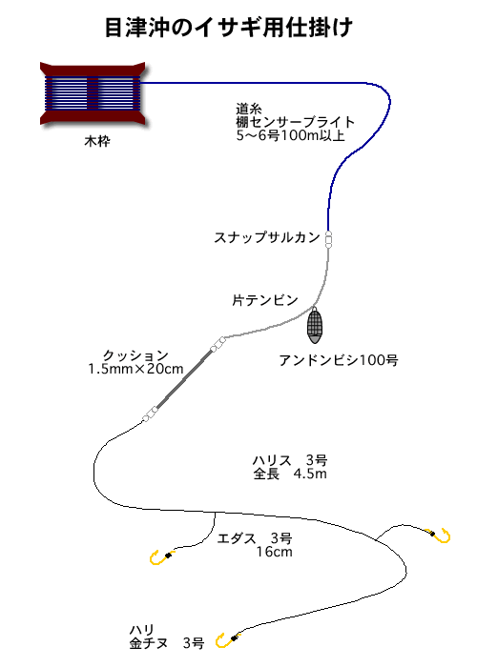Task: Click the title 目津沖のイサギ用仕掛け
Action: click(229, 28)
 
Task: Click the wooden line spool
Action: click(93, 93)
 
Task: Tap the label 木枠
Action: click(97, 141)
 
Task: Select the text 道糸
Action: click(249, 109)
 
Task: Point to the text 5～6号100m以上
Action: click(290, 135)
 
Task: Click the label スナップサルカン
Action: click(267, 237)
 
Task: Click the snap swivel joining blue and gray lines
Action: click(328, 239)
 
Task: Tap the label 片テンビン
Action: click(265, 300)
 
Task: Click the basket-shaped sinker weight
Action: click(315, 326)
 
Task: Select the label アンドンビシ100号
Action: click(339, 360)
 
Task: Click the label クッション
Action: click(135, 355)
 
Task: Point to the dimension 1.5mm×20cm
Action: click(135, 369)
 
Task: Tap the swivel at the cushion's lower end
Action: click(150, 414)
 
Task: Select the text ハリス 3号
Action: click(290, 460)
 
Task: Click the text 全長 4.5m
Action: click(290, 474)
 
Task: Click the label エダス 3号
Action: click(255, 538)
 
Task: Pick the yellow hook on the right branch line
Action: click(443, 536)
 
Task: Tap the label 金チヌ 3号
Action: click(167, 643)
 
